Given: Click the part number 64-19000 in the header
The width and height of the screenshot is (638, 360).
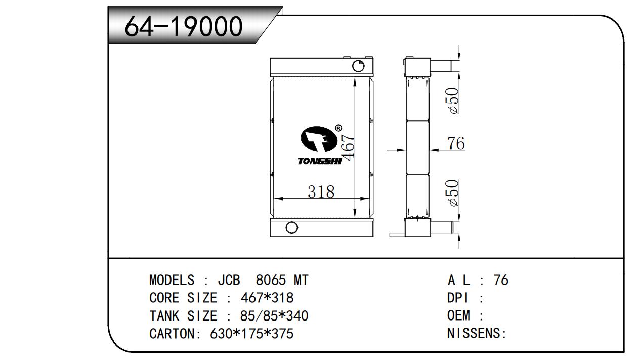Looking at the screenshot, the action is click(x=184, y=26).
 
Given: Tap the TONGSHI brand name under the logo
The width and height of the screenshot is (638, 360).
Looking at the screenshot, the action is click(x=319, y=162).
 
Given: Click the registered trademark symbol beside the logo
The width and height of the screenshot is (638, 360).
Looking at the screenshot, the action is click(x=338, y=128).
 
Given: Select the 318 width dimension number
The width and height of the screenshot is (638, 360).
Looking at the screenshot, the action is click(x=321, y=192).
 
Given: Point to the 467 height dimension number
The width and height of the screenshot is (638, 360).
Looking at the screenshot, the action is click(x=348, y=146).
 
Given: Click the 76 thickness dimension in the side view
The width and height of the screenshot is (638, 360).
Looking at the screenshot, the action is click(x=456, y=143).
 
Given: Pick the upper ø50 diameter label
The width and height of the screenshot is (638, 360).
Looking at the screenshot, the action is click(x=453, y=101).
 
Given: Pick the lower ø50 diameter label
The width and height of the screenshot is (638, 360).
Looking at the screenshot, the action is click(x=453, y=193).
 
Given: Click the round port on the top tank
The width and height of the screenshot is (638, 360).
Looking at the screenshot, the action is click(x=358, y=66).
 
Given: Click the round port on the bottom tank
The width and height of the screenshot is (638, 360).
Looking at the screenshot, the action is click(x=291, y=227).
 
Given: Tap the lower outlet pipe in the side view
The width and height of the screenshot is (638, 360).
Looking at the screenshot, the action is click(x=442, y=228).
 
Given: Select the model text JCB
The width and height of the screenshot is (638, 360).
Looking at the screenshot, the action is click(x=229, y=280).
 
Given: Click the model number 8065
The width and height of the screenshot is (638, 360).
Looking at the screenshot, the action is click(x=271, y=280).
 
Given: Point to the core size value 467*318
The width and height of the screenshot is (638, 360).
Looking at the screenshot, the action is click(x=267, y=298).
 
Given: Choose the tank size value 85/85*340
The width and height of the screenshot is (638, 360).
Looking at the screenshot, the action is click(x=274, y=316).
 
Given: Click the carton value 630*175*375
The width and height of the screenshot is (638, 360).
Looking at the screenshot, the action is click(x=252, y=334).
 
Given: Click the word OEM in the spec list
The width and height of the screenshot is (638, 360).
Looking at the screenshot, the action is click(x=458, y=315).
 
